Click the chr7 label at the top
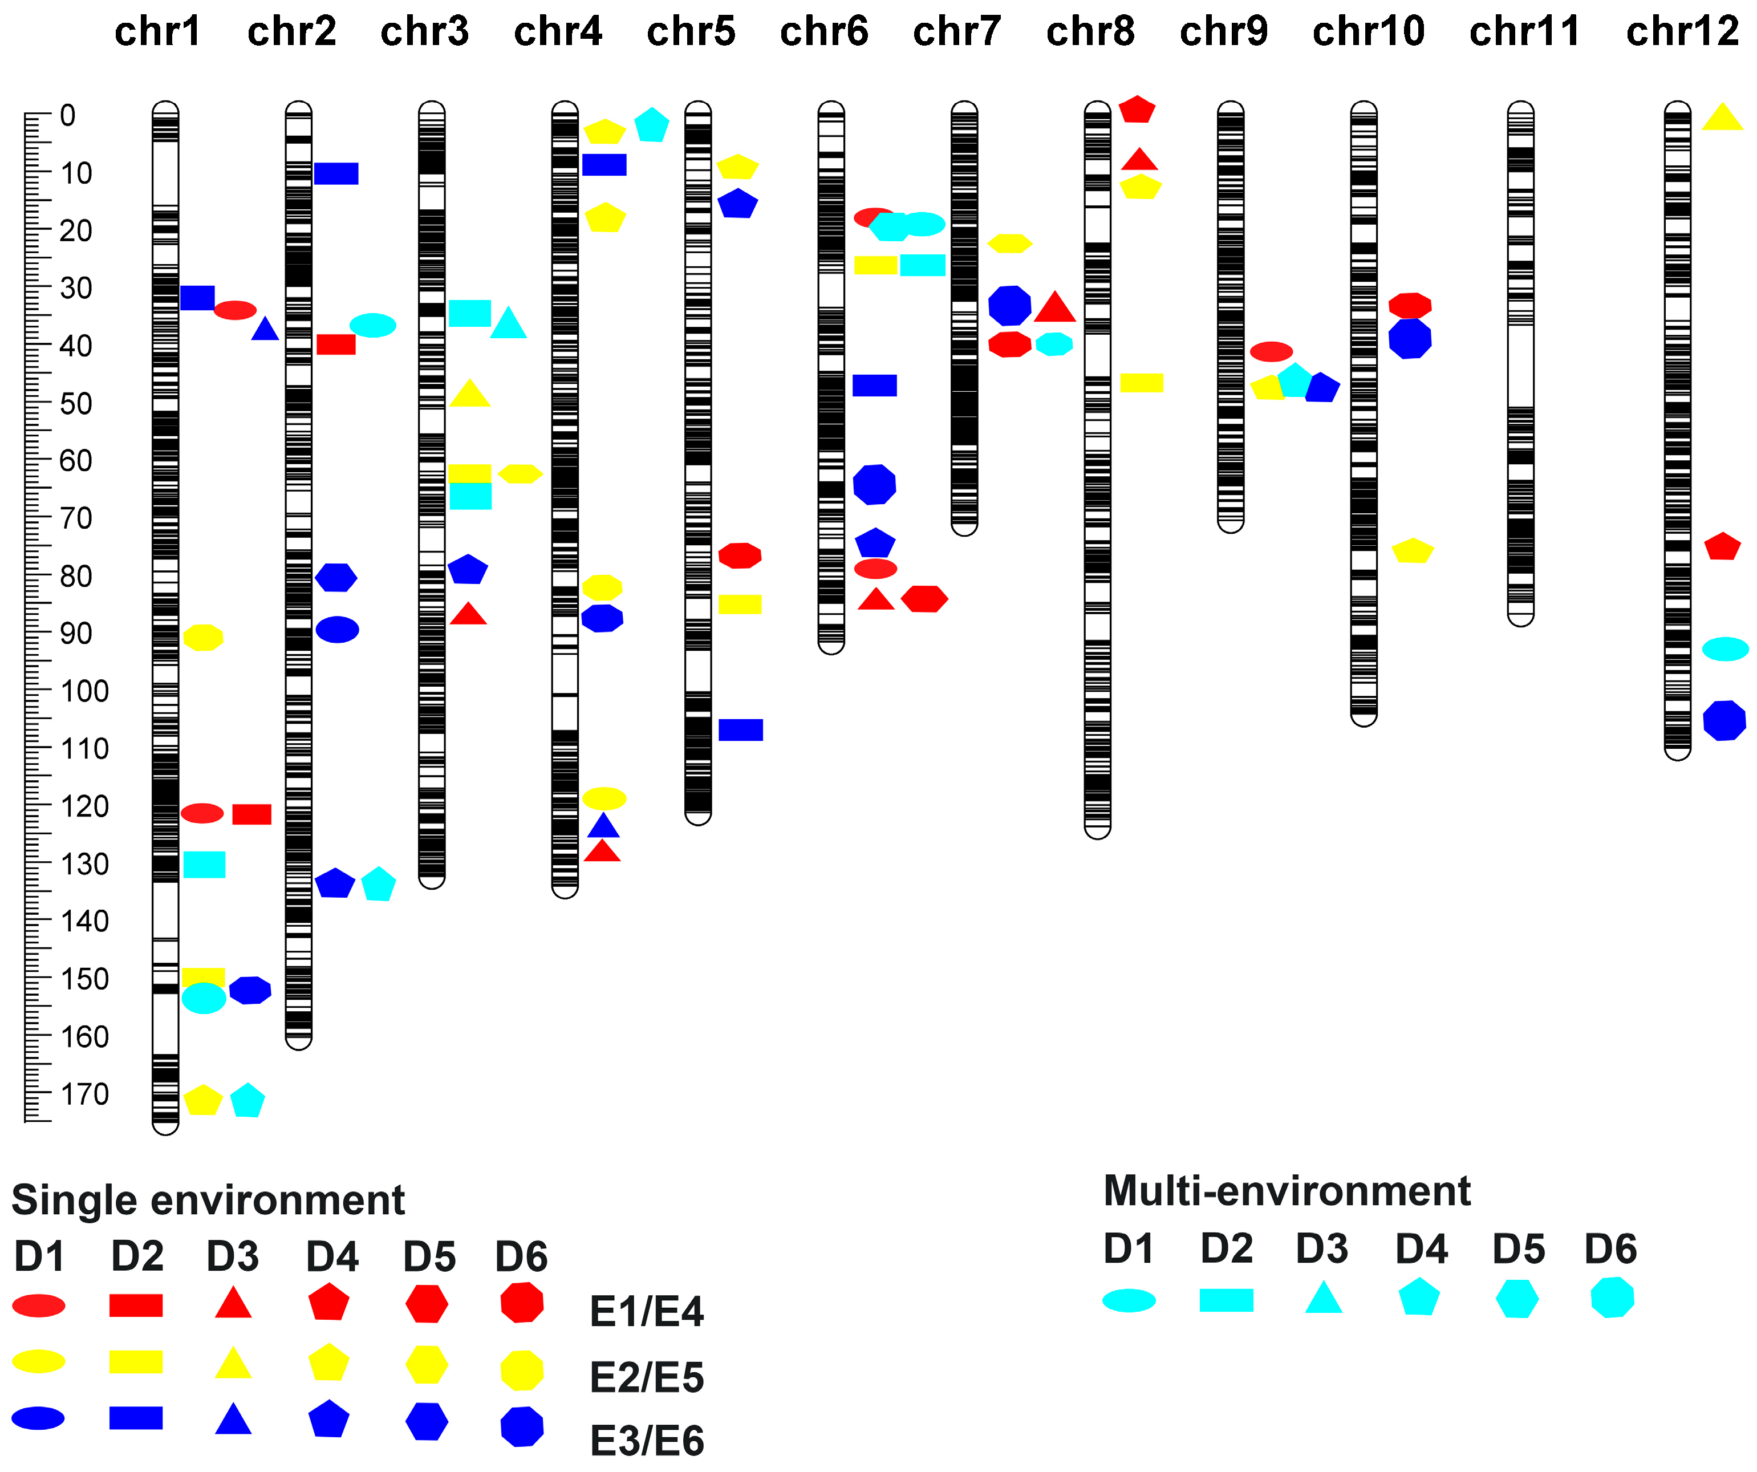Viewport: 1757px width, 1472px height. pyautogui.click(x=956, y=32)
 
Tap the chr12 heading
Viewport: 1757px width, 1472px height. pyautogui.click(x=1682, y=32)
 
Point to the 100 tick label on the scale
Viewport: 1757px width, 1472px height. pyautogui.click(x=84, y=691)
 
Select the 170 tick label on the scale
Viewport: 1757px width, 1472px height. pyautogui.click(x=84, y=1094)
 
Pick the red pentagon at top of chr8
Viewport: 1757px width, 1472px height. pyautogui.click(x=1137, y=109)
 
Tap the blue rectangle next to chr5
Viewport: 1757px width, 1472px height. pyautogui.click(x=740, y=729)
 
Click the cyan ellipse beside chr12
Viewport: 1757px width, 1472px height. pyautogui.click(x=1725, y=648)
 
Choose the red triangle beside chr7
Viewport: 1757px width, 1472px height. pyautogui.click(x=1054, y=308)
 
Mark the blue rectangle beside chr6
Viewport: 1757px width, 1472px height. pyautogui.click(x=874, y=385)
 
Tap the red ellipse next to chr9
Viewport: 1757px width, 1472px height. pyautogui.click(x=1271, y=351)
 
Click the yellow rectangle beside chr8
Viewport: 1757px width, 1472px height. pyautogui.click(x=1141, y=383)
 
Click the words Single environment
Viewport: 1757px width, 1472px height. pyautogui.click(x=208, y=1200)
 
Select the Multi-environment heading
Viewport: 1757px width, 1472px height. pyautogui.click(x=1287, y=1191)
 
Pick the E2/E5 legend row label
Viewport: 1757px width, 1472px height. pyautogui.click(x=647, y=1377)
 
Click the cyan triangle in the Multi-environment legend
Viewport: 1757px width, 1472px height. pyautogui.click(x=1323, y=1299)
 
